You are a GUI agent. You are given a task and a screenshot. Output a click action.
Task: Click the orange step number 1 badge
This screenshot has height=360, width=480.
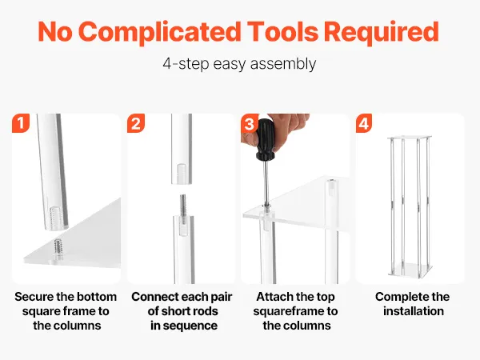click(x=21, y=123)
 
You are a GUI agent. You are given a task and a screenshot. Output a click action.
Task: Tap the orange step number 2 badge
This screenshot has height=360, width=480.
click(x=136, y=123)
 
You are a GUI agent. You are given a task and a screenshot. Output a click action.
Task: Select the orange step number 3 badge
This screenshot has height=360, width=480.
click(x=249, y=123)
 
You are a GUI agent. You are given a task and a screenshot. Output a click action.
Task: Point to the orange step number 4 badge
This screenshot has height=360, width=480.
click(x=364, y=123)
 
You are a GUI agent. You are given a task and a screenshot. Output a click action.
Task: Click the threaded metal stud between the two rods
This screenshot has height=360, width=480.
click(x=183, y=206)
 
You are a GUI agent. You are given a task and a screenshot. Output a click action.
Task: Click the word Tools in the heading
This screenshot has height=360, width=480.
click(x=282, y=32)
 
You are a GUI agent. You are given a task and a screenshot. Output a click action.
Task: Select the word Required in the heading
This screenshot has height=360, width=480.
click(x=382, y=32)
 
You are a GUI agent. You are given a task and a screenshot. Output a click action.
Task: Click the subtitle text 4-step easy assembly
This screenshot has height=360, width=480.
click(x=239, y=64)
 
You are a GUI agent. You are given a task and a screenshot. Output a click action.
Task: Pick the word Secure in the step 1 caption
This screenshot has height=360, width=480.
click(x=34, y=297)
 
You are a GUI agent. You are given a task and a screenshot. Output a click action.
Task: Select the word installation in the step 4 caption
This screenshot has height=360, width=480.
click(x=414, y=311)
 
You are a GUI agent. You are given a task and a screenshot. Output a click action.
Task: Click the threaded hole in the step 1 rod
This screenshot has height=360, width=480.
click(x=54, y=216)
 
